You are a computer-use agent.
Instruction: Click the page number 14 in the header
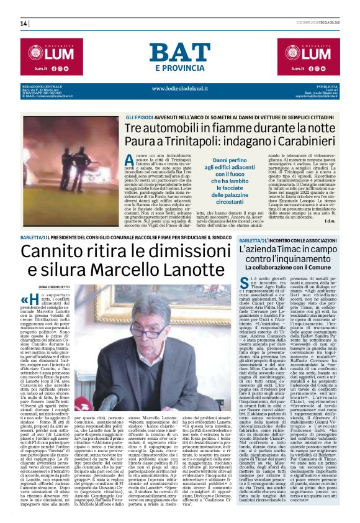pos(24,24)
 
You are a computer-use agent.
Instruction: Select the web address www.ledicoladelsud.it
pos(180,88)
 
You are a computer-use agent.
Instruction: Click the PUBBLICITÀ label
pos(325,86)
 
